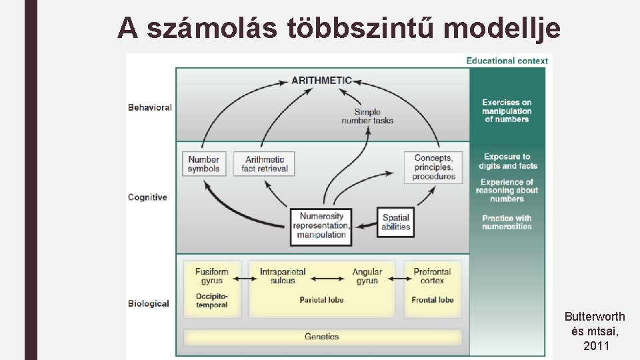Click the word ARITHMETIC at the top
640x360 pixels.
click(x=321, y=81)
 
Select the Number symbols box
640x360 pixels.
click(x=203, y=164)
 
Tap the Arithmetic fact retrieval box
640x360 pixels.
click(x=265, y=164)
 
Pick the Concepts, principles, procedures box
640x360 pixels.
click(x=433, y=167)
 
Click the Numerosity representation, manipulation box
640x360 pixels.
click(x=321, y=226)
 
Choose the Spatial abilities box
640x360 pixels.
click(x=395, y=223)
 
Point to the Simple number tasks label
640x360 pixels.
click(x=367, y=117)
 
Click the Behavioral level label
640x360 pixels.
click(x=150, y=107)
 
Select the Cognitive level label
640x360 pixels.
click(x=147, y=197)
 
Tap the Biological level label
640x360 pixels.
click(x=149, y=303)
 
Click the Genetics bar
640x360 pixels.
click(x=322, y=337)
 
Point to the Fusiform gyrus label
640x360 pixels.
click(x=212, y=276)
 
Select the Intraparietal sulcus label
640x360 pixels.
click(x=283, y=276)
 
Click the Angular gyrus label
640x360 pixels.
click(x=367, y=276)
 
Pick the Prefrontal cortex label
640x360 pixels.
click(x=433, y=276)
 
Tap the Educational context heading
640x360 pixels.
click(x=507, y=61)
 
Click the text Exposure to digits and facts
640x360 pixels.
click(x=507, y=161)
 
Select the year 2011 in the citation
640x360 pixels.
click(x=595, y=346)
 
